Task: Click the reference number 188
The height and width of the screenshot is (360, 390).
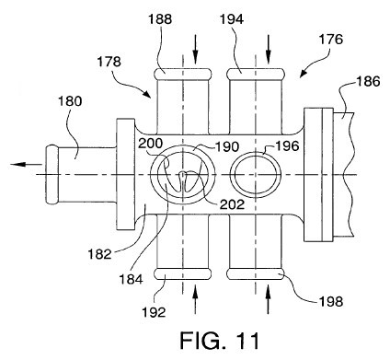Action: pos(160,20)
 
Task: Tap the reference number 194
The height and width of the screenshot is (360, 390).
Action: pos(232,20)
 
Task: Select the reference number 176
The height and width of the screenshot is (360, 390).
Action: pos(331,40)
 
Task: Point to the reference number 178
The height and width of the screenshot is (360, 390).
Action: pos(109,62)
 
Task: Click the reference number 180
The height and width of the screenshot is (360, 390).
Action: pos(70,101)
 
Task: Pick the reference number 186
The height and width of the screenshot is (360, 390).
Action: pos(368,82)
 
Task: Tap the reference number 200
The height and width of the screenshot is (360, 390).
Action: pos(150,143)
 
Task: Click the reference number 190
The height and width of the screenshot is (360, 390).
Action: pos(227,147)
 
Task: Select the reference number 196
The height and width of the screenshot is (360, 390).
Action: pos(287,146)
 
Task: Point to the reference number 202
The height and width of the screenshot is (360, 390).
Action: pos(233,204)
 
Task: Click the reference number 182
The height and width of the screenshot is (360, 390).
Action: pos(99,254)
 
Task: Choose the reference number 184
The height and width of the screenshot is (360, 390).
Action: pos(131,279)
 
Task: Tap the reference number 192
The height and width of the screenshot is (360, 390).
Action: pos(154,312)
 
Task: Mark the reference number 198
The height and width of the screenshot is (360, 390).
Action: pos(330,302)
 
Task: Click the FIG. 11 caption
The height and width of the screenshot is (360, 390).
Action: pos(220,341)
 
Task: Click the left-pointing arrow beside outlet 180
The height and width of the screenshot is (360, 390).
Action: pos(27,165)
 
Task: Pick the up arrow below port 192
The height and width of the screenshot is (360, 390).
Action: pos(195,300)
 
